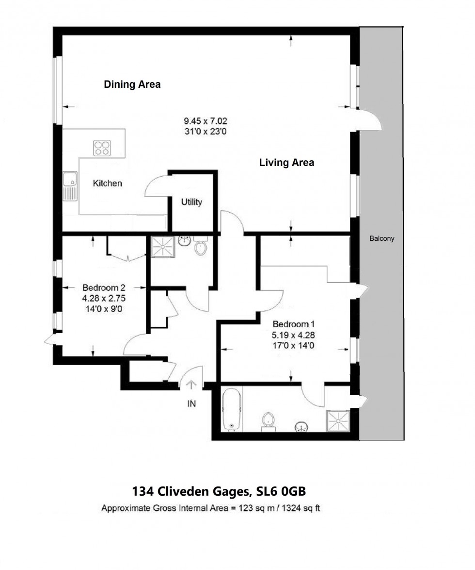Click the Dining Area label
pos(132,84)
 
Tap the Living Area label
pos(286,163)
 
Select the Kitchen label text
pos(107,184)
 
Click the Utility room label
pos(191,202)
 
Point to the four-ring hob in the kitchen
pos(102,148)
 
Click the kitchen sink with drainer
pos(70,186)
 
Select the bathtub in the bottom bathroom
pos(232,409)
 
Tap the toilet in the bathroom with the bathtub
pos(268,421)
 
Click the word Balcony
pos(382,238)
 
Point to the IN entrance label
pos(191,403)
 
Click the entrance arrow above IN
pos(191,385)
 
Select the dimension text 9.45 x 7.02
pos(206,121)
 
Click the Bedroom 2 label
pos(100,287)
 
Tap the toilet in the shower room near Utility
pos(201,247)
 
